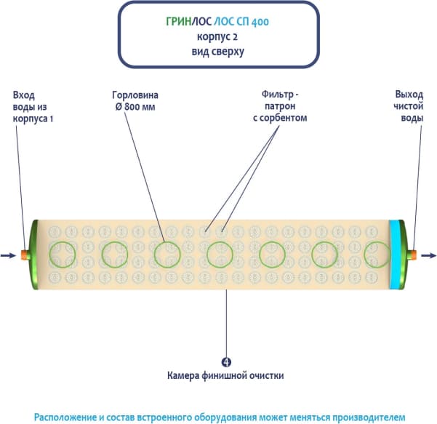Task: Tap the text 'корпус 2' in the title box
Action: (219, 37)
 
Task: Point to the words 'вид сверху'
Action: (219, 52)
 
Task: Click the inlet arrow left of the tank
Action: (8, 255)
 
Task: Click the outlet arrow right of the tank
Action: (428, 255)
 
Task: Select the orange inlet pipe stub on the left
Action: (23, 255)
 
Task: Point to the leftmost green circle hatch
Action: (63, 254)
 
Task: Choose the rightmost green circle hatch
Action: (377, 254)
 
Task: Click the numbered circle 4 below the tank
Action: (225, 361)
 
